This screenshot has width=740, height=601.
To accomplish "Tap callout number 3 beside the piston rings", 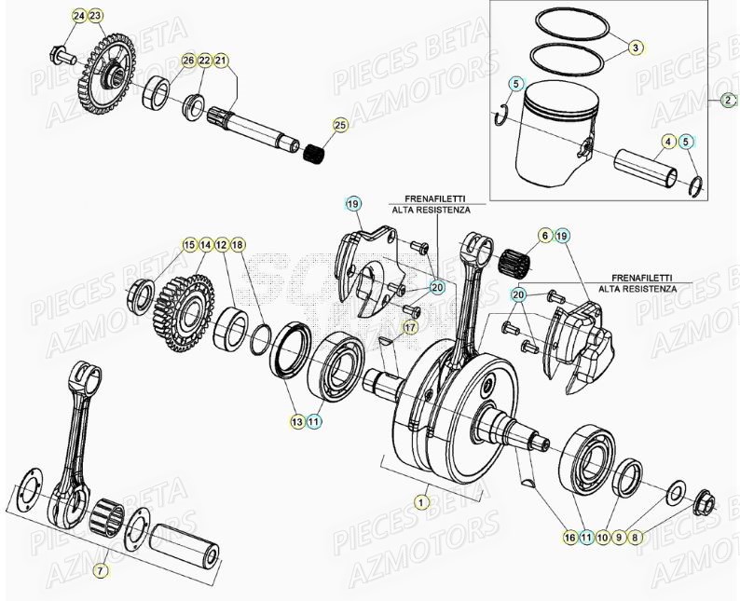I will [636, 47].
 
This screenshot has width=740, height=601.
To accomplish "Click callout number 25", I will [339, 124].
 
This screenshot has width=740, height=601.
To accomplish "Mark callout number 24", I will [78, 17].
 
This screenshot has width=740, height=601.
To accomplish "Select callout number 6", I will [545, 238].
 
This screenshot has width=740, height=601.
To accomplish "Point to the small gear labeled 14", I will [189, 300].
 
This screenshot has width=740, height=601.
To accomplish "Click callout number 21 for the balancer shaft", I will [221, 61].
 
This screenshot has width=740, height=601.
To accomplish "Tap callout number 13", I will [296, 421].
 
